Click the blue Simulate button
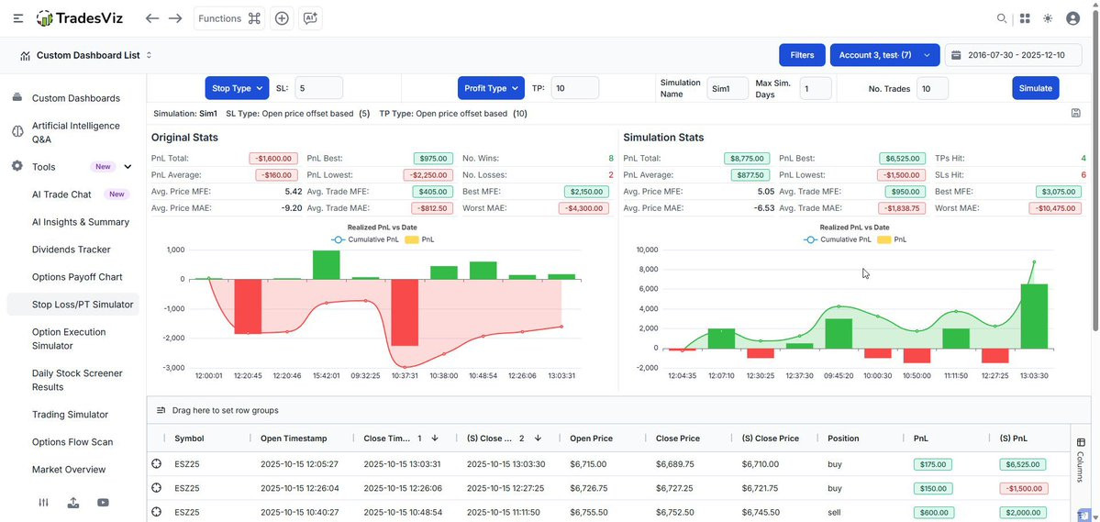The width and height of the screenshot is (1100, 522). click(x=1036, y=88)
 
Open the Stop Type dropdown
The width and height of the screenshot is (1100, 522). click(x=237, y=88)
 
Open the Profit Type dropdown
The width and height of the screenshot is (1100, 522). click(x=491, y=88)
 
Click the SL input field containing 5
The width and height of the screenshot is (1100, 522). click(x=318, y=88)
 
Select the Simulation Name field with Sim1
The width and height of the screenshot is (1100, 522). click(x=728, y=88)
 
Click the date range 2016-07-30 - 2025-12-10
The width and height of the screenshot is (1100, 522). click(x=1014, y=55)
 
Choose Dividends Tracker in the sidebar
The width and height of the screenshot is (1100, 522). click(x=72, y=249)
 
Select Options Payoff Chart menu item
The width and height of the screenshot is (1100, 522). click(x=77, y=277)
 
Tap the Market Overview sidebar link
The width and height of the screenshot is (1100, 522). click(x=69, y=470)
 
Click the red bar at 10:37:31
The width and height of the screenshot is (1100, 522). click(x=405, y=312)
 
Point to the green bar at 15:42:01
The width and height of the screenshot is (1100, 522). click(x=327, y=265)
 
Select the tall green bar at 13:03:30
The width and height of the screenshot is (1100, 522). click(x=1034, y=317)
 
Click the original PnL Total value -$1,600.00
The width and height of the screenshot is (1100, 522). click(x=273, y=159)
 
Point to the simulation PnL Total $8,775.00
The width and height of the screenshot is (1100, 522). click(x=747, y=159)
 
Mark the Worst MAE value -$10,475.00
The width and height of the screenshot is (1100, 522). click(x=1055, y=207)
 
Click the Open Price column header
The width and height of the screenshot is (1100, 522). click(x=592, y=439)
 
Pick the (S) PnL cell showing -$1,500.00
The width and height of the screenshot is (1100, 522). click(x=1023, y=488)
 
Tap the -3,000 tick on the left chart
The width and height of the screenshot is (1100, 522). click(x=173, y=368)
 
